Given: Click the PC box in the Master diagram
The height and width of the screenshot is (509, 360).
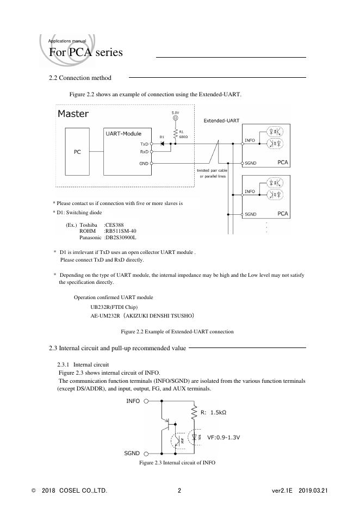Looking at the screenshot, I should coord(77,152).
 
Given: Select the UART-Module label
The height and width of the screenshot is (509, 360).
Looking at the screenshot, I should coord(123,133).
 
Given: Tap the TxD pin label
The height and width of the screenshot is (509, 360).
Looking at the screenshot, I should coord(144,144).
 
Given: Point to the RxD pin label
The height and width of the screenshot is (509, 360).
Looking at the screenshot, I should coord(144,152).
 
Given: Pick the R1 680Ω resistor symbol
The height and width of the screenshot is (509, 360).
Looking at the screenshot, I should coord(175,134).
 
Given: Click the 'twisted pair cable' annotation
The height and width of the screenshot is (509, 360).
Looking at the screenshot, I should coord(212,171).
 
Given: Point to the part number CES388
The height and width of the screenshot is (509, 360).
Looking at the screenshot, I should coord(115,225).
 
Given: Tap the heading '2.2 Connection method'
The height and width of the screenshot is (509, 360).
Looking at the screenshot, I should coord(80,78).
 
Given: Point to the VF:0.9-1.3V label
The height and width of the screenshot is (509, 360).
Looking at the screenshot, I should coord(224,437).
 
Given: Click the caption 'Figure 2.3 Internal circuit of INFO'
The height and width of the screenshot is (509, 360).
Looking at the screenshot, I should coord(177,462).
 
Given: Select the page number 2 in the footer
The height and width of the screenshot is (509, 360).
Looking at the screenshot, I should coord(179,491).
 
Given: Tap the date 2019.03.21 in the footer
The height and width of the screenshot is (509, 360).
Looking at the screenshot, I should coord(314,491).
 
